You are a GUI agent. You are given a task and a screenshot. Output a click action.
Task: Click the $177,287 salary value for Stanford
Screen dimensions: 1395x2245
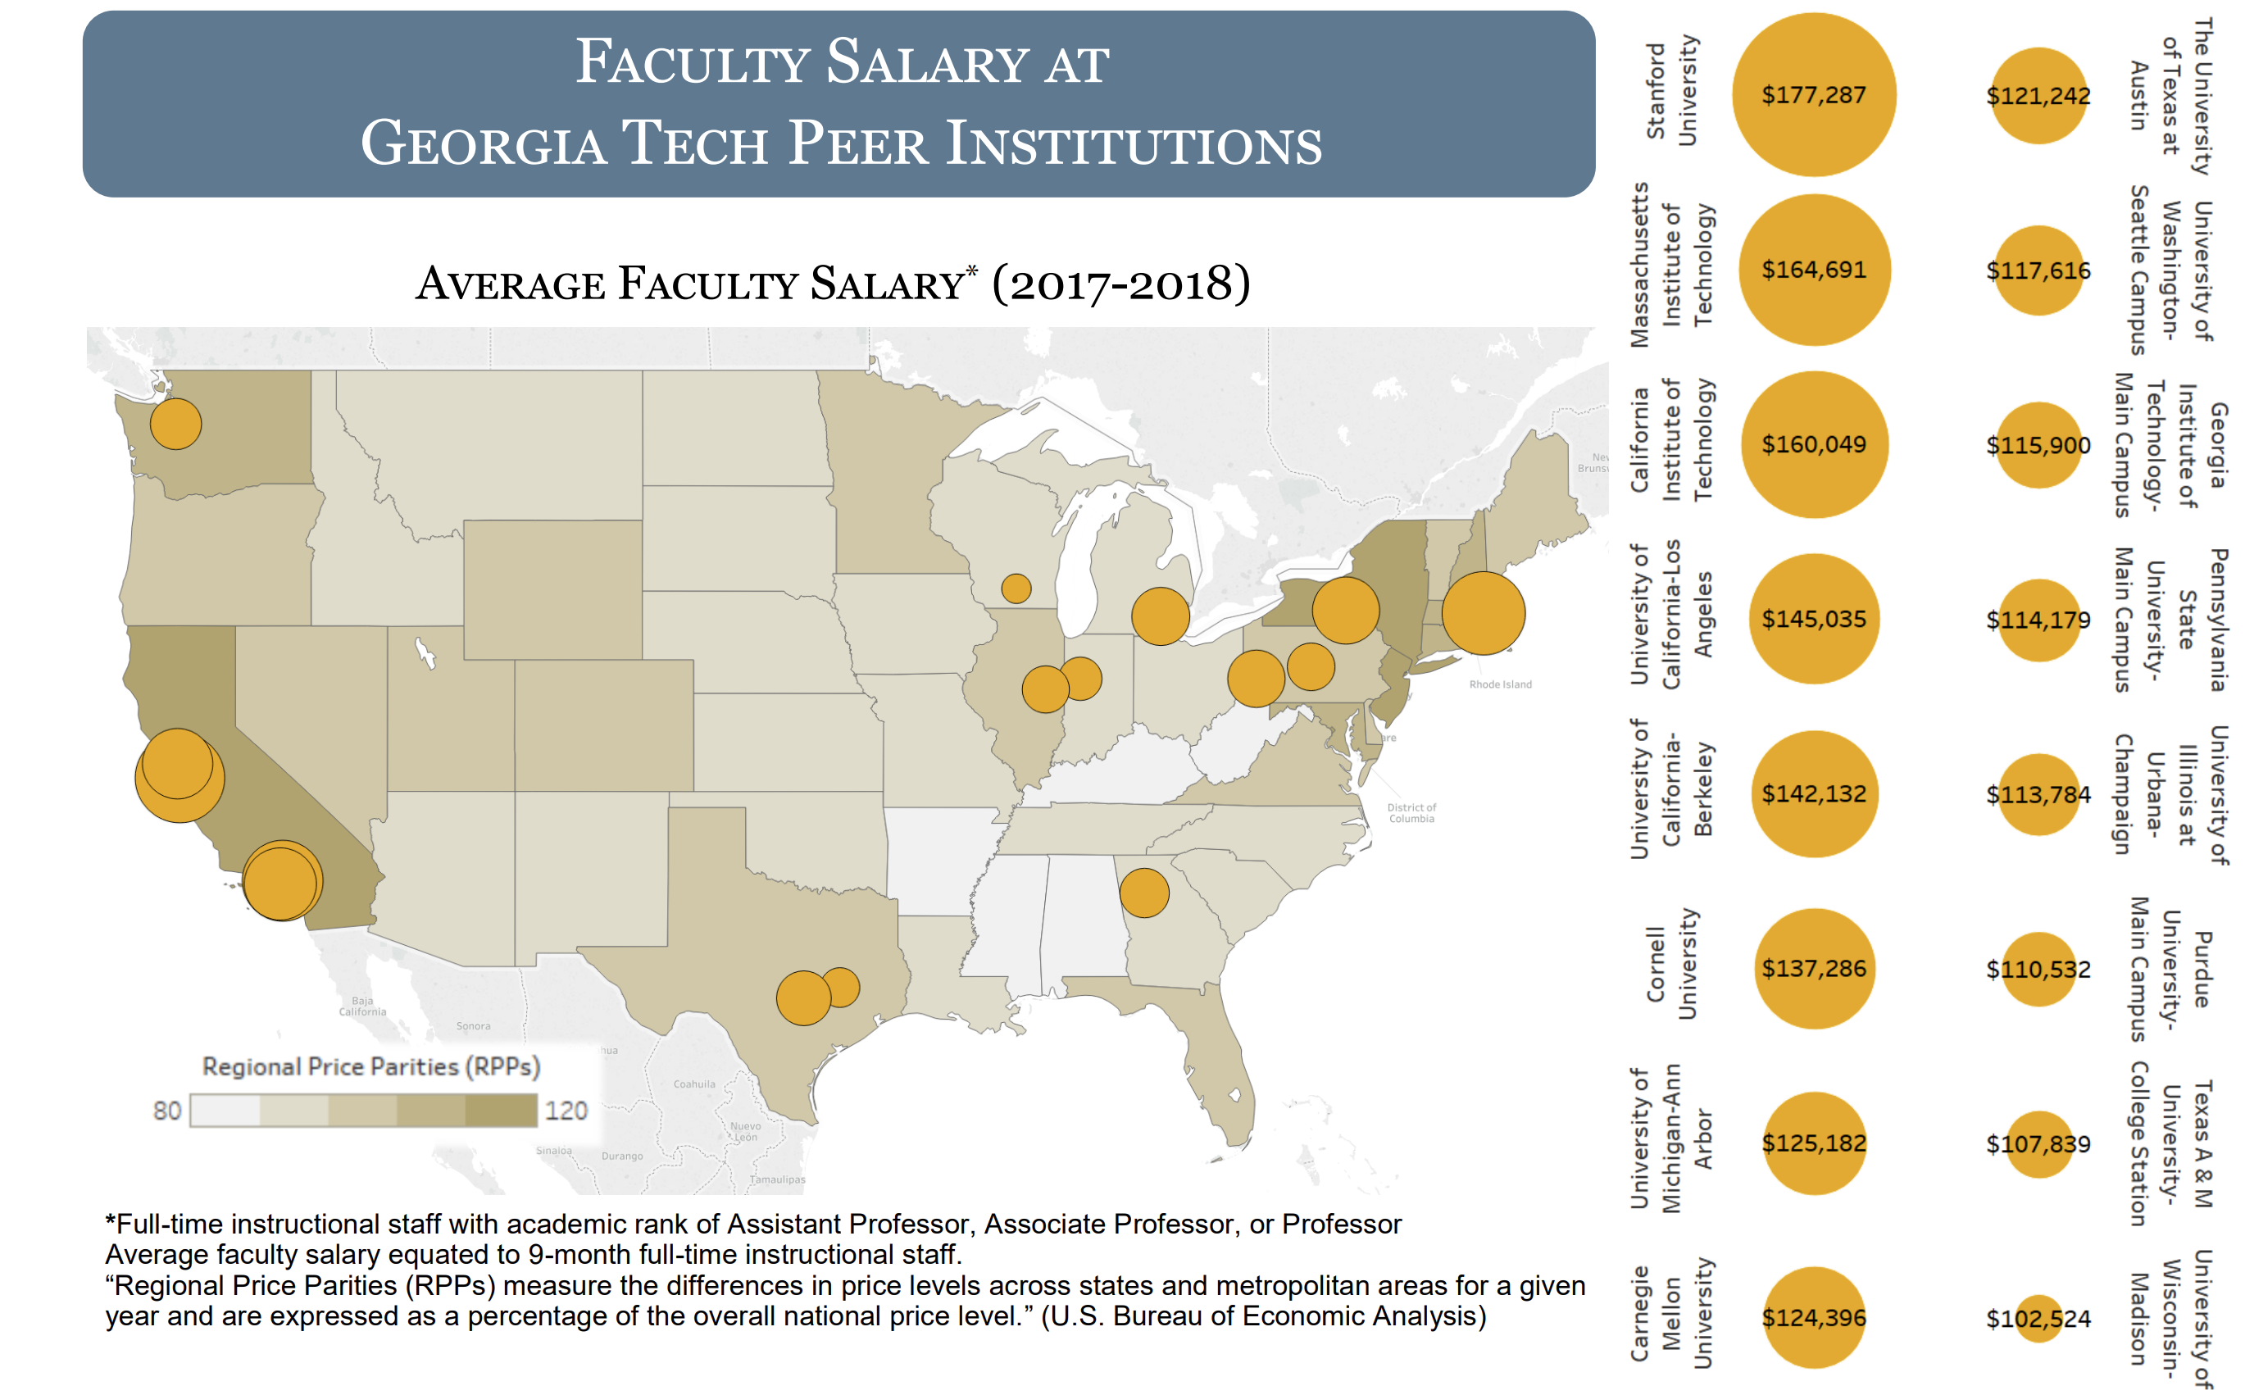tap(1812, 95)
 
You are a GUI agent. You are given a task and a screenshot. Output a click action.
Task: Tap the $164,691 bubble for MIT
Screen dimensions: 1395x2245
tap(1812, 270)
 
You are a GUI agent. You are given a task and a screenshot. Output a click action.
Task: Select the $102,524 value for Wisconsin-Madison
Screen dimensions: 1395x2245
tap(2038, 1319)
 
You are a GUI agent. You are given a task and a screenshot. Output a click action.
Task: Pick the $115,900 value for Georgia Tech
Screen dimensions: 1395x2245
tap(2038, 445)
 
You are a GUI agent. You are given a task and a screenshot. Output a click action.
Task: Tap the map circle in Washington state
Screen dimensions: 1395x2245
tap(175, 425)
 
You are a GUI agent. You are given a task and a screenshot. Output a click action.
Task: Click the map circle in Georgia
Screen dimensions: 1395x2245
tap(1143, 893)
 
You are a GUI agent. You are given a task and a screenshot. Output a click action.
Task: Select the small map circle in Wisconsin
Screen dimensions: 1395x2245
tap(1016, 588)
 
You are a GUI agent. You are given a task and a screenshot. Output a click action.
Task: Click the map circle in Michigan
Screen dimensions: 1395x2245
tap(1160, 616)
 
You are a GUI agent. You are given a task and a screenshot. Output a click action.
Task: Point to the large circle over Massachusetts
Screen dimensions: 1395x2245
tap(1482, 612)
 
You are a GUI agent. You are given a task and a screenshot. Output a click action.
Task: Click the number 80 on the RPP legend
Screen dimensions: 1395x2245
tap(167, 1110)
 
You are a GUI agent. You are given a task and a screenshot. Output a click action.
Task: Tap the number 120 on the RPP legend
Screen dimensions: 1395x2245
tap(566, 1110)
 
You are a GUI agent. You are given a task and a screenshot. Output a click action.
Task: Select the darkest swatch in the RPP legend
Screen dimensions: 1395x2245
tap(501, 1110)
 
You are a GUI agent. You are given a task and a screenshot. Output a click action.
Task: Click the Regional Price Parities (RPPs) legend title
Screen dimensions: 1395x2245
tap(370, 1066)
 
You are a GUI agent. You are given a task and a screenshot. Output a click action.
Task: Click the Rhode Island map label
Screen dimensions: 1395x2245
tap(1500, 684)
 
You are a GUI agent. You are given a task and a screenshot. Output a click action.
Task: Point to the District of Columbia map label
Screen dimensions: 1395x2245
tap(1411, 813)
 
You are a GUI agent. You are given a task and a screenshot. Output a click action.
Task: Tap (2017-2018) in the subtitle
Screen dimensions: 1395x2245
tap(1120, 284)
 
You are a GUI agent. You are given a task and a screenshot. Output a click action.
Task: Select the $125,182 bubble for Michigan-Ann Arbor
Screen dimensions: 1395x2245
tap(1812, 1143)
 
